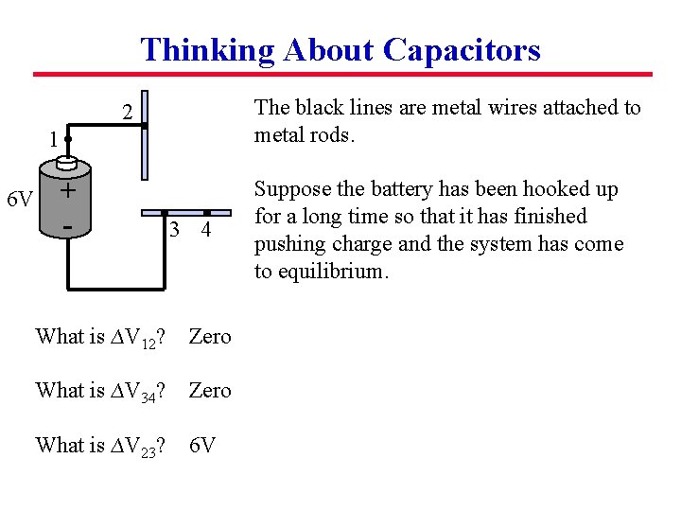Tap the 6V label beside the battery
click(20, 200)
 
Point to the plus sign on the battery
click(67, 191)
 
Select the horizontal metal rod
click(185, 212)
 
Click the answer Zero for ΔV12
click(210, 337)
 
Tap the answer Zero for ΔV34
click(210, 390)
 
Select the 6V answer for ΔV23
click(201, 445)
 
